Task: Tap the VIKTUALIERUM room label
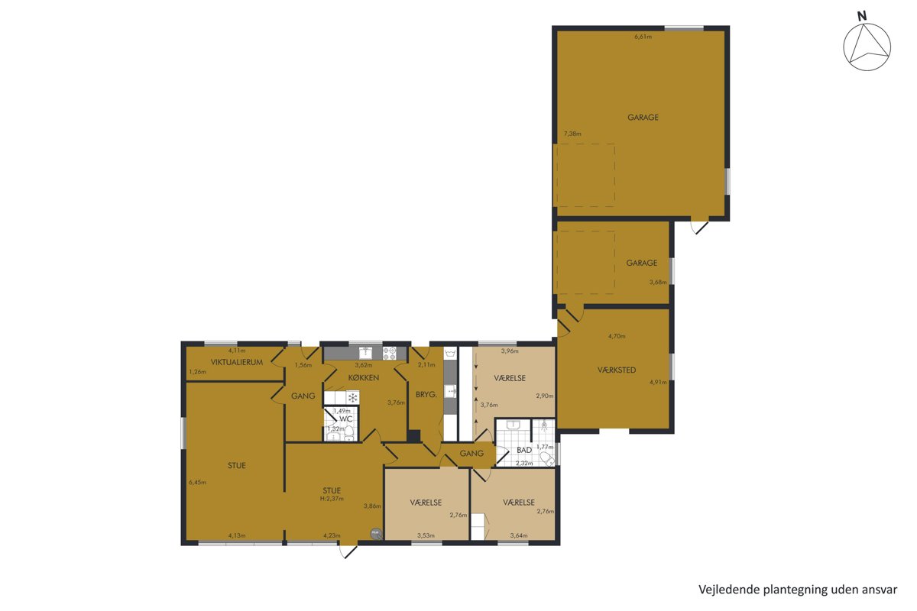point(237,362)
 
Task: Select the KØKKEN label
point(364,378)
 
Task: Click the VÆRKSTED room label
point(617,370)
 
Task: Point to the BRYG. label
point(426,395)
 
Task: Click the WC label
point(346,419)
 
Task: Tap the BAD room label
point(524,450)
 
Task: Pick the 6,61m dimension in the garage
point(643,37)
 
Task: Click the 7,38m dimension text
point(572,134)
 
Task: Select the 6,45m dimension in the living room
point(197,482)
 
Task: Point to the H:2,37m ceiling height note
point(332,499)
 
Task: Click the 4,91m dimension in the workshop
point(658,382)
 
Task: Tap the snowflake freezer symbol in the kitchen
point(352,397)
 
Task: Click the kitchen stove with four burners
point(389,354)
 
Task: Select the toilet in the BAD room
point(547,459)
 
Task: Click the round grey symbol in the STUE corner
point(375,534)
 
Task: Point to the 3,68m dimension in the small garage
point(658,282)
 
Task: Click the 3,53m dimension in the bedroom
point(426,535)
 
